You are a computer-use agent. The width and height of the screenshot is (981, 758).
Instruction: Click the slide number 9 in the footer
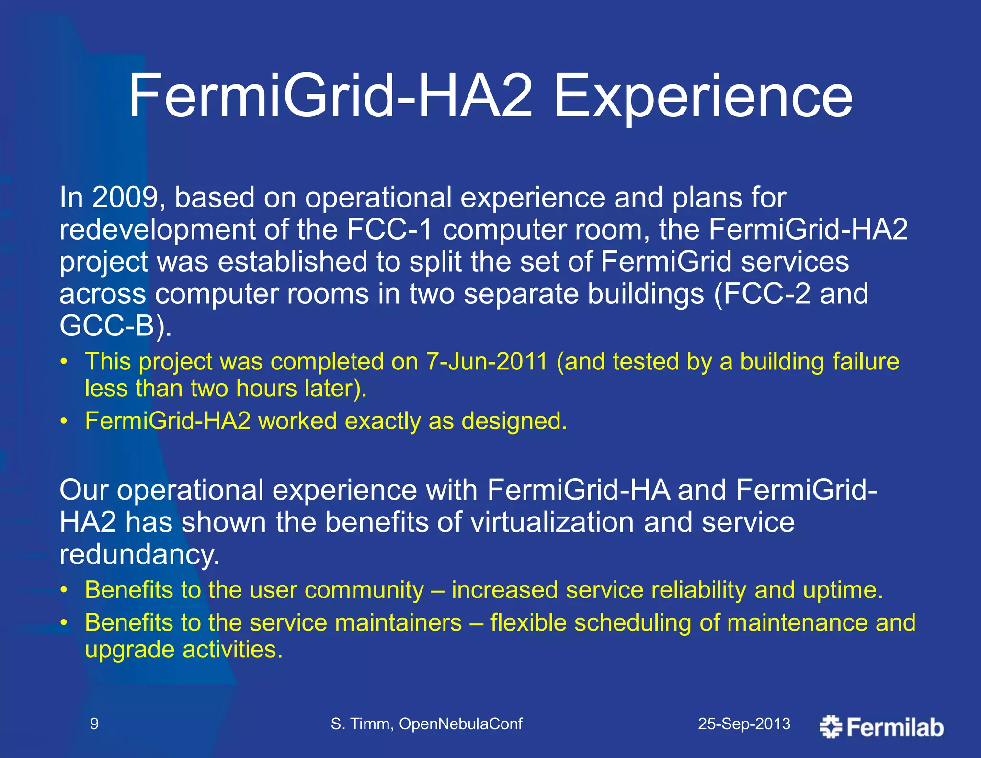(x=94, y=724)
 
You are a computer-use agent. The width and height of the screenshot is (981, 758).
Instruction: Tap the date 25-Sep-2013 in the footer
(x=744, y=724)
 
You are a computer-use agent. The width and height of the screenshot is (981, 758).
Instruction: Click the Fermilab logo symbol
(x=831, y=727)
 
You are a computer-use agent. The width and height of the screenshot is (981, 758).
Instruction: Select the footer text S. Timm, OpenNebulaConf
(x=426, y=724)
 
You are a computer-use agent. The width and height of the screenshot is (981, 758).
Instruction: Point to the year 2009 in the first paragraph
(x=125, y=197)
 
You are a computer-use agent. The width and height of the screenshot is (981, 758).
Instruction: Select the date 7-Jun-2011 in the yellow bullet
(x=487, y=362)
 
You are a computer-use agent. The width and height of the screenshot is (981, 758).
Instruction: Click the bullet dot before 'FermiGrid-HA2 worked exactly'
(x=64, y=422)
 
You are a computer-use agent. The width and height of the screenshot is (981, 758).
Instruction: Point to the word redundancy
(x=139, y=554)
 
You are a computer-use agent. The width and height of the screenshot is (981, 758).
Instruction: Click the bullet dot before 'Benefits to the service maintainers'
(x=64, y=623)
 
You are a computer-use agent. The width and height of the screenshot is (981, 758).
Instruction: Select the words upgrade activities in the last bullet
(x=183, y=650)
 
